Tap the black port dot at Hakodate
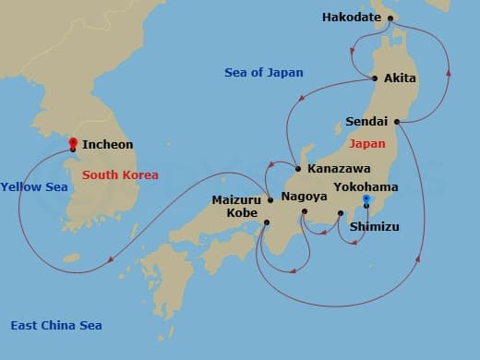pyautogui.click(x=390, y=18)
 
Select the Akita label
pyautogui.click(x=400, y=78)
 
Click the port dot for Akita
pyautogui.click(x=374, y=78)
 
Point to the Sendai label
pyautogui.click(x=366, y=121)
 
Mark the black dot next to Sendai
pyautogui.click(x=396, y=121)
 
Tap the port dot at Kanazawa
pyautogui.click(x=298, y=169)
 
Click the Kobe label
pyautogui.click(x=244, y=212)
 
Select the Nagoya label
pyautogui.click(x=305, y=197)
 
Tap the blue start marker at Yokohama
pyautogui.click(x=366, y=199)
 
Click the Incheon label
pyautogui.click(x=107, y=145)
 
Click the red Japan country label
pyautogui.click(x=367, y=144)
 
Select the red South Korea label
pyautogui.click(x=120, y=174)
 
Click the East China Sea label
pyautogui.click(x=55, y=325)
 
